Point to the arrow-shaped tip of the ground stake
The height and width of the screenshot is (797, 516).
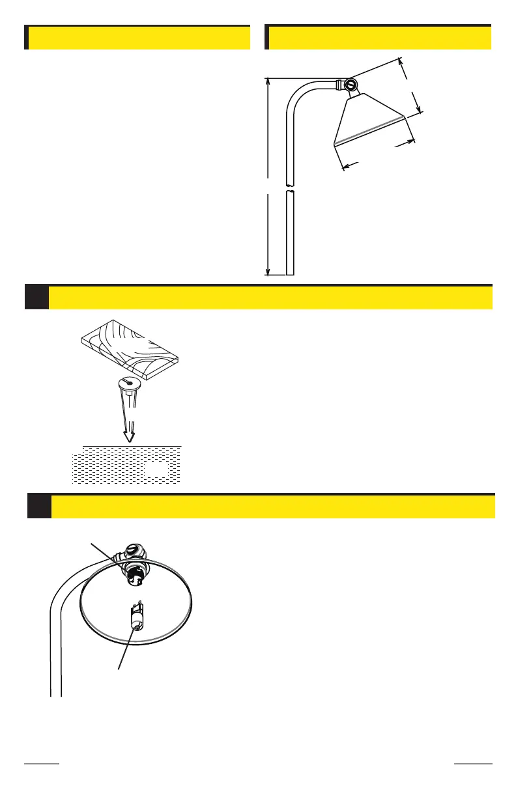pos(129,436)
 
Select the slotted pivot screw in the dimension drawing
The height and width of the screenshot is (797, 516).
pos(351,85)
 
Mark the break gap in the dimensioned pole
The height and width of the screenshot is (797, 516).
pos(291,188)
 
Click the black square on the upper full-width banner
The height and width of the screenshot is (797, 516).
pos(36,297)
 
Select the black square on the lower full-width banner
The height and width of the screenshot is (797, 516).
pos(39,507)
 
